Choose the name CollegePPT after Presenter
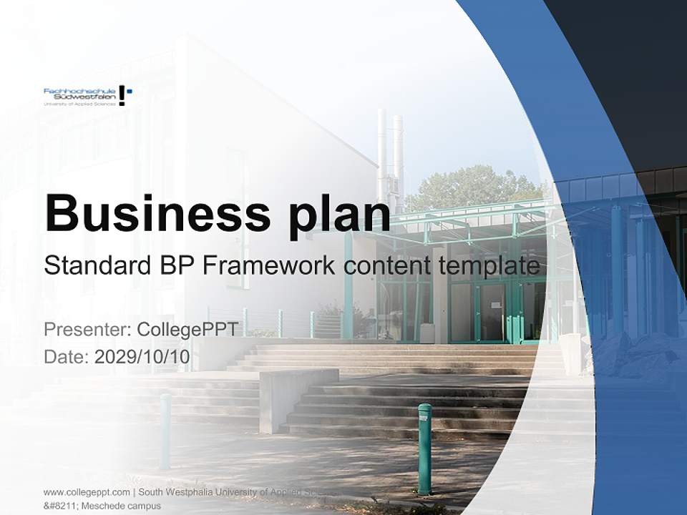point(187,330)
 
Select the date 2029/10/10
point(142,357)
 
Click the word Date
point(66,357)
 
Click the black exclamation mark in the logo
point(122,95)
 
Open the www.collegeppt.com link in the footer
point(87,492)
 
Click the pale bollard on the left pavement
point(165,430)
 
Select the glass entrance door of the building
point(492,311)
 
